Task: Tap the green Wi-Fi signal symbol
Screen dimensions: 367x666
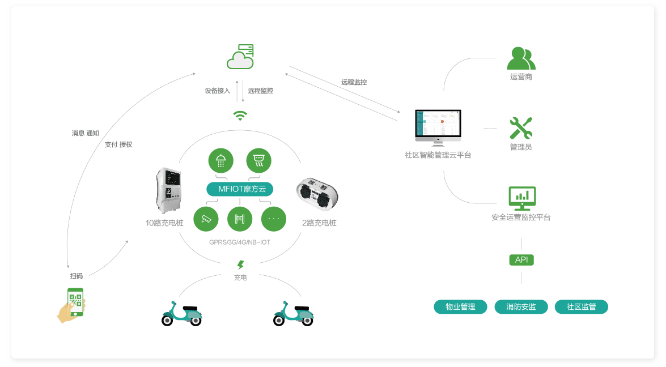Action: tap(240, 116)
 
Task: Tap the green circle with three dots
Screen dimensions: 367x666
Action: tap(274, 219)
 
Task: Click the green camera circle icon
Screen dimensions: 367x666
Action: tap(206, 219)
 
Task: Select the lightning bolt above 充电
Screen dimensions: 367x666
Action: tap(240, 264)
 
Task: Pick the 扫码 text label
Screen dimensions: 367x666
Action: tap(77, 276)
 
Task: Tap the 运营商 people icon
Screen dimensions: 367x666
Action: tap(521, 59)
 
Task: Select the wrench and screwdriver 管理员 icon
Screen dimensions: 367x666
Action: tap(521, 128)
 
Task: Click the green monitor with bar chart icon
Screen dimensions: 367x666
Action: tap(521, 198)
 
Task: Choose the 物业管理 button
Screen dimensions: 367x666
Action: tap(460, 307)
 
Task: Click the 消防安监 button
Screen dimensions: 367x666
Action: tap(521, 307)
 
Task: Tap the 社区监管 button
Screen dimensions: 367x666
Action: tap(581, 307)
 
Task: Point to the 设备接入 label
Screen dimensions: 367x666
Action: tap(218, 91)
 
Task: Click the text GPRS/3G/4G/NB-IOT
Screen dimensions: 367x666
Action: tap(240, 242)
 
